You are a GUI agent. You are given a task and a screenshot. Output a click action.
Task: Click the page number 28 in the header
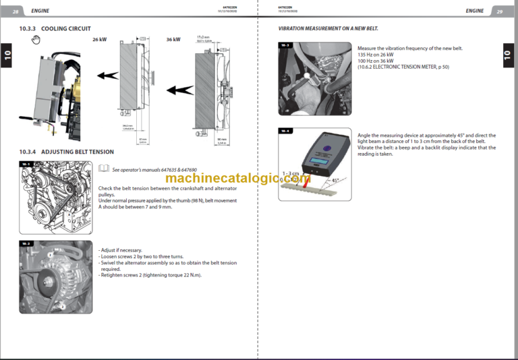pyautogui.click(x=16, y=11)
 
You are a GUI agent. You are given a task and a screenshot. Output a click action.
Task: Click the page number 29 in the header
pyautogui.click(x=500, y=11)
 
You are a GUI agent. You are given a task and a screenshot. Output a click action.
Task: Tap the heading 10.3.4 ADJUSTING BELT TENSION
pyautogui.click(x=67, y=152)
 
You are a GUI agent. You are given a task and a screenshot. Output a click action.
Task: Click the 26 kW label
pyautogui.click(x=99, y=40)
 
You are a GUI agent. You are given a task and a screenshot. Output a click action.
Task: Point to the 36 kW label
pyautogui.click(x=173, y=40)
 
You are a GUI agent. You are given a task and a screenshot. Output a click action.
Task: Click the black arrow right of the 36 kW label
pyautogui.click(x=181, y=89)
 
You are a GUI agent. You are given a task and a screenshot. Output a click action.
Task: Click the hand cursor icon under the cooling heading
pyautogui.click(x=36, y=40)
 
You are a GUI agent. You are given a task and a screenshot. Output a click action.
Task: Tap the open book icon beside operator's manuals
pyautogui.click(x=103, y=169)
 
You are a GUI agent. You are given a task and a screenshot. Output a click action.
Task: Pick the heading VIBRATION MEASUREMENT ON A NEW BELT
pyautogui.click(x=328, y=30)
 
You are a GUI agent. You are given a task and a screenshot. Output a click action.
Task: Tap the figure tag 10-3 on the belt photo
pyautogui.click(x=285, y=45)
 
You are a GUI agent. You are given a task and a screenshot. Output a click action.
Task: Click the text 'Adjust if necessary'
pyautogui.click(x=120, y=250)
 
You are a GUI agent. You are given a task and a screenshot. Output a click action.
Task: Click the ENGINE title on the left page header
pyautogui.click(x=40, y=11)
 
